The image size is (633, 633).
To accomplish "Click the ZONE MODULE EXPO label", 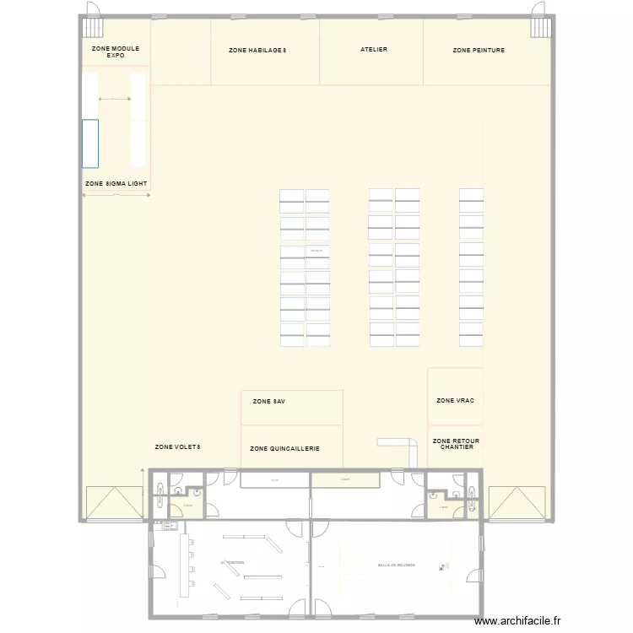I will (116, 52).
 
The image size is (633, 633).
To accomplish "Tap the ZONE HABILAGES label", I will (257, 51).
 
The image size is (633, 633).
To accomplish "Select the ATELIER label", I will (374, 50).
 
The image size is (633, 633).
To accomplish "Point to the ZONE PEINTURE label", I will (479, 51).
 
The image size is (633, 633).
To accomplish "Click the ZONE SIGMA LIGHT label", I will (116, 183).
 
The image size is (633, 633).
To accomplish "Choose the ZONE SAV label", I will (269, 402).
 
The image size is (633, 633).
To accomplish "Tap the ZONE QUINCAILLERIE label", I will (285, 449).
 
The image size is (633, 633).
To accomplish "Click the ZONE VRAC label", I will (455, 400).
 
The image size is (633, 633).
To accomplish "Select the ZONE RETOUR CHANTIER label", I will (456, 443).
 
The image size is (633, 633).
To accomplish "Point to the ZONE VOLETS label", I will (178, 446).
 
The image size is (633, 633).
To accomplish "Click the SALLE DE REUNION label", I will (397, 565).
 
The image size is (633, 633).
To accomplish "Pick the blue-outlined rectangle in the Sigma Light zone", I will (90, 143).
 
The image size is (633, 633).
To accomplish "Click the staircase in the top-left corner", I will (91, 27).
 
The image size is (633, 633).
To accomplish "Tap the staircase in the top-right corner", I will (540, 27).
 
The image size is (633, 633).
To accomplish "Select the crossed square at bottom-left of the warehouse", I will (114, 503).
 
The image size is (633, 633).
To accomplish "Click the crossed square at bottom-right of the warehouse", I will (517, 503).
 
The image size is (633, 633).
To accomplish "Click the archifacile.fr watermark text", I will (522, 621).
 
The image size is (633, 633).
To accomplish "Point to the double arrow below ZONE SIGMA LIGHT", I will (116, 196).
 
